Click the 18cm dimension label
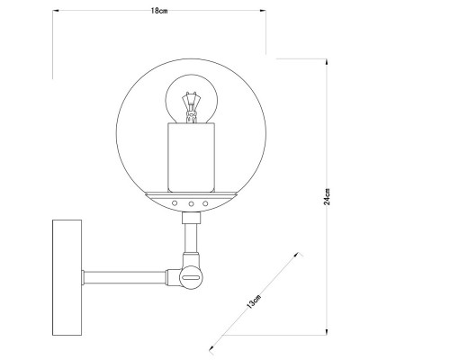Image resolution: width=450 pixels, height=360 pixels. tap(158, 11)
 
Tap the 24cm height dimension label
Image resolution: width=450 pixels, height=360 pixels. tap(329, 197)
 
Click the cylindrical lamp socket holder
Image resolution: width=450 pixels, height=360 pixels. tap(192, 157)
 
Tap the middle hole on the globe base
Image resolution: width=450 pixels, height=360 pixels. tap(192, 205)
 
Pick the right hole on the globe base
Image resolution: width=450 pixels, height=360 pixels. tap(205, 205)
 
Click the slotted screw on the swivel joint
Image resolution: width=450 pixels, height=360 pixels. tap(191, 280)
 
